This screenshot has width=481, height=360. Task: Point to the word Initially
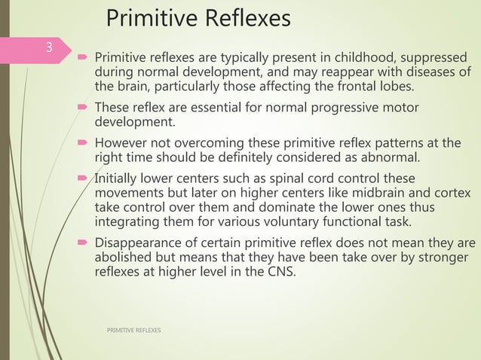coord(118,179)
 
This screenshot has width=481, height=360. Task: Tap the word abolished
coord(123,258)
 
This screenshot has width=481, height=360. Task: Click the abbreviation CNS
coord(278,272)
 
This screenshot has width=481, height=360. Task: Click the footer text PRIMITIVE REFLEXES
coord(133,331)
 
